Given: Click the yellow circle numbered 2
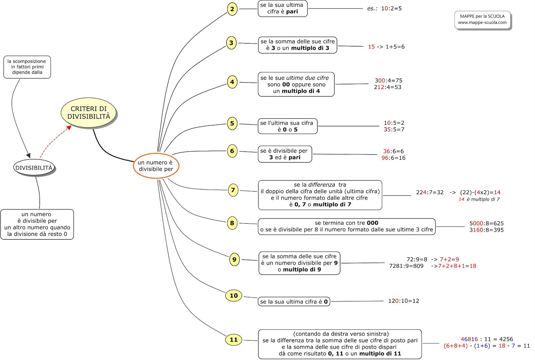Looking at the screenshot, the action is click(x=232, y=9).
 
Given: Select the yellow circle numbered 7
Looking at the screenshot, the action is click(x=233, y=190).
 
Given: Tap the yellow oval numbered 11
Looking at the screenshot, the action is click(x=234, y=340).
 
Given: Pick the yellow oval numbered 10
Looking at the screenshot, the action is click(x=234, y=295).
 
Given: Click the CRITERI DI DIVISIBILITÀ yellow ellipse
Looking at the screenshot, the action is click(x=89, y=113).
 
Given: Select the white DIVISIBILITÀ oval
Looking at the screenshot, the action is click(x=34, y=167).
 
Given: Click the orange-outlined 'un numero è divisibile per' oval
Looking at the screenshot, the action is click(x=156, y=166).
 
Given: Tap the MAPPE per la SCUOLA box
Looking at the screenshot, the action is click(x=482, y=20).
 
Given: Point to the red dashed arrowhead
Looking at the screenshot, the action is click(x=69, y=128).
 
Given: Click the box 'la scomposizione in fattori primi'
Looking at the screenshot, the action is click(x=27, y=67).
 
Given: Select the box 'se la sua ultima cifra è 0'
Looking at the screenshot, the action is click(x=294, y=302).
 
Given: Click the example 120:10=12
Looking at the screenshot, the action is click(x=404, y=301).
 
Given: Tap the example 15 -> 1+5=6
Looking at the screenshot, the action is click(x=386, y=46).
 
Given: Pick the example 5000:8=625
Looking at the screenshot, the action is click(x=487, y=223).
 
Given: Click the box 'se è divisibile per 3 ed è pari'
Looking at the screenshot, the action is click(x=285, y=154).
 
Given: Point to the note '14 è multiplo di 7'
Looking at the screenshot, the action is click(x=479, y=199).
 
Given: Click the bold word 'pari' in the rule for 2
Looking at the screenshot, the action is click(x=292, y=11).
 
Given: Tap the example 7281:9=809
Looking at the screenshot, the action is click(x=406, y=266).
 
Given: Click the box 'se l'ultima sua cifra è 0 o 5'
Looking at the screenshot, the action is click(x=288, y=126).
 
